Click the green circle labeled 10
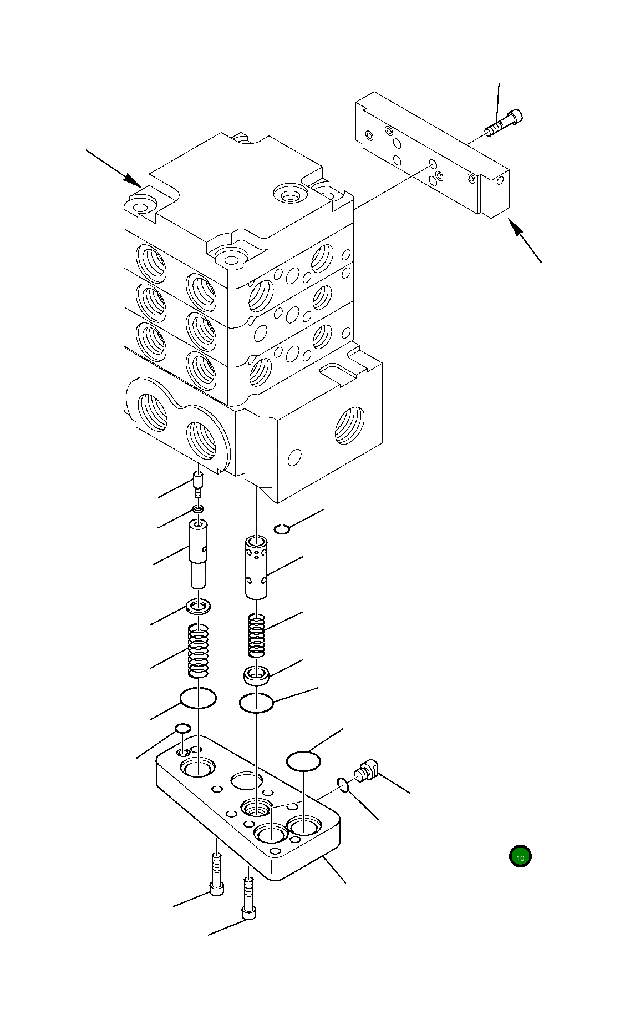520,857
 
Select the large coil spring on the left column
199,650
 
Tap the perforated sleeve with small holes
256,567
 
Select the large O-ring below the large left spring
198,698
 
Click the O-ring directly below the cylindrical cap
256,703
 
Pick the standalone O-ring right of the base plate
303,761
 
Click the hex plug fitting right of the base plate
367,771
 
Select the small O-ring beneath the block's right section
282,528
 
